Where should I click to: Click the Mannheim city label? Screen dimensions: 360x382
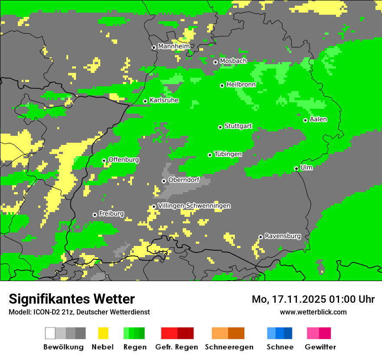(174, 46)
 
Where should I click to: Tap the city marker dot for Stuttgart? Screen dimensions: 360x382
(221, 127)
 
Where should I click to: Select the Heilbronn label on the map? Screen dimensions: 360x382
(241, 85)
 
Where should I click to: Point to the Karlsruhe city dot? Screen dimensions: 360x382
(145, 101)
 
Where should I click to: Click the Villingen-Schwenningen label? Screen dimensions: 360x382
(194, 206)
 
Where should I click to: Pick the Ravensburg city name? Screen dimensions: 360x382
(283, 236)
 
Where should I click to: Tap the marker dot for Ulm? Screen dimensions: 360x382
(296, 168)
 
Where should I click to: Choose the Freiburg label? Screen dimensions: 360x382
(111, 213)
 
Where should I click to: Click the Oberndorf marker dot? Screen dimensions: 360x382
(164, 181)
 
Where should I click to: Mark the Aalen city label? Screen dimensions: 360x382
(318, 119)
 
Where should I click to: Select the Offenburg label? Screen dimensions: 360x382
(124, 160)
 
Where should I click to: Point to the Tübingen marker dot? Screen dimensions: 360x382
(210, 155)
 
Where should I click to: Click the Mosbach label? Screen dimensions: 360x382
(233, 61)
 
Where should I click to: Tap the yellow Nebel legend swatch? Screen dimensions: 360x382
(103, 333)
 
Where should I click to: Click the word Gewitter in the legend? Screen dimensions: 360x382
(320, 347)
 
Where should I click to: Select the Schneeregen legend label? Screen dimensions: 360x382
(229, 347)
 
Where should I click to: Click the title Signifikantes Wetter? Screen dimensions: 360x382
(72, 299)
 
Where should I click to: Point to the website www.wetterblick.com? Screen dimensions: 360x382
(313, 312)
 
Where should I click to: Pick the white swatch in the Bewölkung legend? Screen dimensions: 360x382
(50, 333)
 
